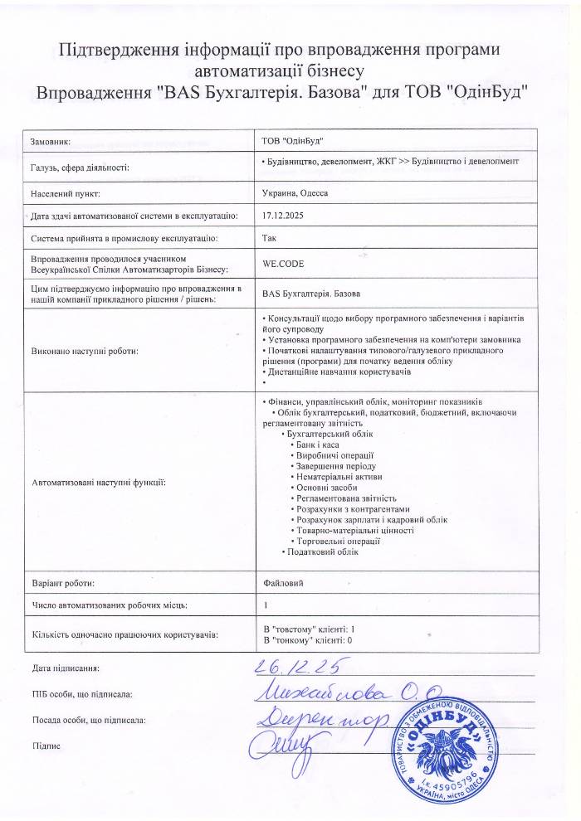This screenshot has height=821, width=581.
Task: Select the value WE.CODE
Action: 281,263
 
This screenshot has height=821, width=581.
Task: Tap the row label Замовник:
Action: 50,142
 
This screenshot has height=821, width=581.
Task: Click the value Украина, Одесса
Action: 295,192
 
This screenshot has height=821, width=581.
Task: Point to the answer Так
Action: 269,239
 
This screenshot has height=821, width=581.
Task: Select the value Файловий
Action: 282,583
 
